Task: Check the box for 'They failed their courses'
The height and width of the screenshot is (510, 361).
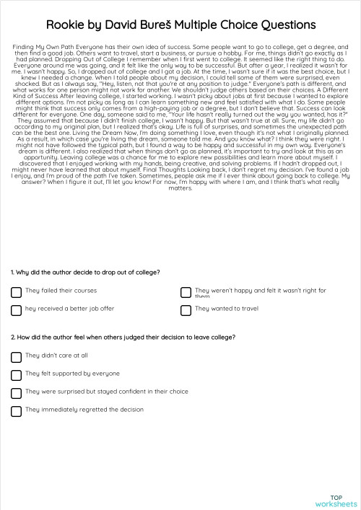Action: pyautogui.click(x=16, y=291)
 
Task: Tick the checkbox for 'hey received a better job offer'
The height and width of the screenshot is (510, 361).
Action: pyautogui.click(x=16, y=309)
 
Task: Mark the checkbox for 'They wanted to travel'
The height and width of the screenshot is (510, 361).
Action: pyautogui.click(x=186, y=309)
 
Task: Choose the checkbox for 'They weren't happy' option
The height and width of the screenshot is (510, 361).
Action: pyautogui.click(x=186, y=291)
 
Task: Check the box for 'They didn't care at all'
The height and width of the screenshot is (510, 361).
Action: pyautogui.click(x=16, y=356)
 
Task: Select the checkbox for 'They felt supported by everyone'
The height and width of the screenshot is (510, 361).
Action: pyautogui.click(x=16, y=374)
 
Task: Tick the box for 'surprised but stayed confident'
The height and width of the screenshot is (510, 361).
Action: pyautogui.click(x=16, y=393)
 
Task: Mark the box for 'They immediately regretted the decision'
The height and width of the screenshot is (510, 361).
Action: pyautogui.click(x=16, y=411)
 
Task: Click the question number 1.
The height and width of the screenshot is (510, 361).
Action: pyautogui.click(x=12, y=272)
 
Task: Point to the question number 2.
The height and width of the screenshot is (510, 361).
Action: pyautogui.click(x=13, y=337)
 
